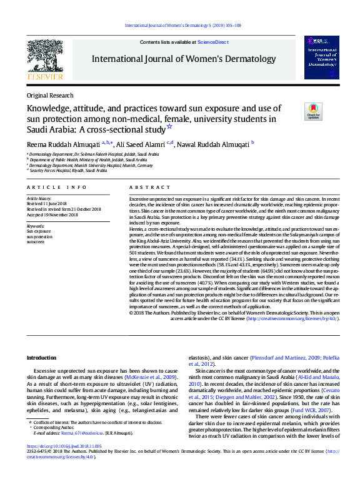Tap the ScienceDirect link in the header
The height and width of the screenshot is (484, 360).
[x=212, y=42]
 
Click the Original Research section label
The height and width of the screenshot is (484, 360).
[x=50, y=96]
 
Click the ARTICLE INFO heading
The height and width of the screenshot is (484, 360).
[x=56, y=187]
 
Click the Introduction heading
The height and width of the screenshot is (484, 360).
[x=41, y=358]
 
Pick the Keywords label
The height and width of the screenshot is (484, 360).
[x=35, y=225]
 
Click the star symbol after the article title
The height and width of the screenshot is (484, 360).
[x=169, y=126]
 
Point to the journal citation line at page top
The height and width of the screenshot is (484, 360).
[x=183, y=25]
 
